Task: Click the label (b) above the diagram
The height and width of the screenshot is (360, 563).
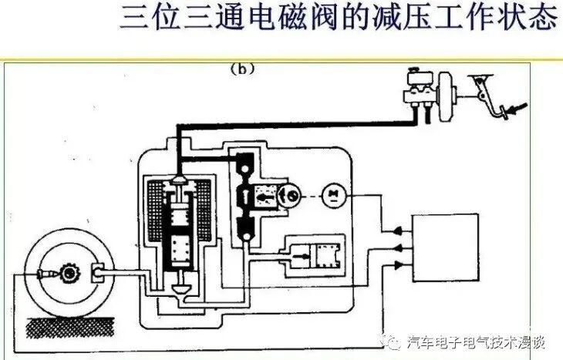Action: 242,69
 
